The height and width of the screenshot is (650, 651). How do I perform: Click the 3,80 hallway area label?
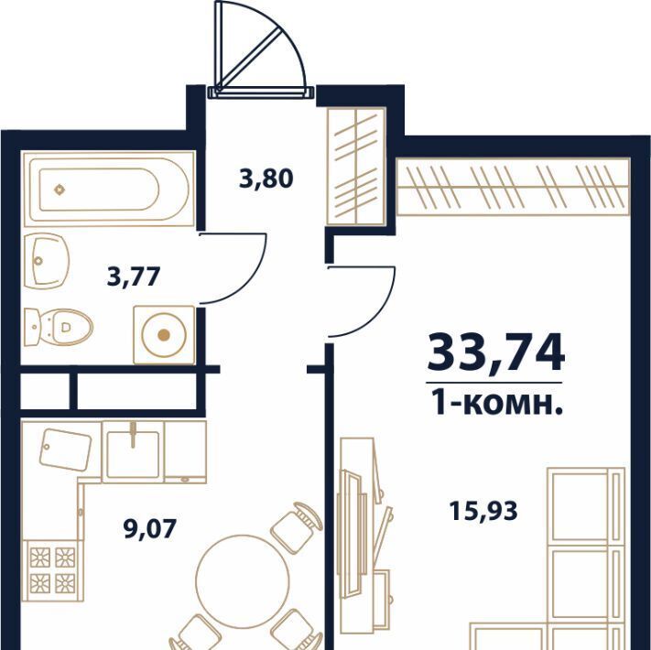pyautogui.click(x=266, y=179)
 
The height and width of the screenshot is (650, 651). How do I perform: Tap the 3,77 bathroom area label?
pyautogui.click(x=134, y=276)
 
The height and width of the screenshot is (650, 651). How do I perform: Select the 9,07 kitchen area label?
pyautogui.click(x=150, y=529)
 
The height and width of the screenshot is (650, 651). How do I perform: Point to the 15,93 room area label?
pyautogui.click(x=483, y=511)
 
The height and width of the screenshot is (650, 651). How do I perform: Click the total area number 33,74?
pyautogui.click(x=496, y=352)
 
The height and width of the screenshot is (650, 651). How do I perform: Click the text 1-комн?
pyautogui.click(x=496, y=403)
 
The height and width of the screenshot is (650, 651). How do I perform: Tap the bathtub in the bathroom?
pyautogui.click(x=109, y=189)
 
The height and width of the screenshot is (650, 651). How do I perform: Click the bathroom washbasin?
pyautogui.click(x=47, y=261)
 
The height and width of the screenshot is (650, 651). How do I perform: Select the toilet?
pyautogui.click(x=58, y=327)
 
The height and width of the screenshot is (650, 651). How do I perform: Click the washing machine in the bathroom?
pyautogui.click(x=164, y=335)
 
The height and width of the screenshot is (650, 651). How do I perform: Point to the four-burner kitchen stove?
pyautogui.click(x=53, y=570)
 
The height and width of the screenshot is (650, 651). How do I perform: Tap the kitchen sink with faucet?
pyautogui.click(x=133, y=452)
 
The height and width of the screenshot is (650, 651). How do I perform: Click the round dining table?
pyautogui.click(x=243, y=581)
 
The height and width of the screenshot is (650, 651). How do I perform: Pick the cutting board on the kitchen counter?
pyautogui.click(x=66, y=450)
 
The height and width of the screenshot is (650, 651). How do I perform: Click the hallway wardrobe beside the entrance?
pyautogui.click(x=357, y=167)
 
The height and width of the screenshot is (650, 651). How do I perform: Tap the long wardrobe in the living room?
pyautogui.click(x=513, y=187)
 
